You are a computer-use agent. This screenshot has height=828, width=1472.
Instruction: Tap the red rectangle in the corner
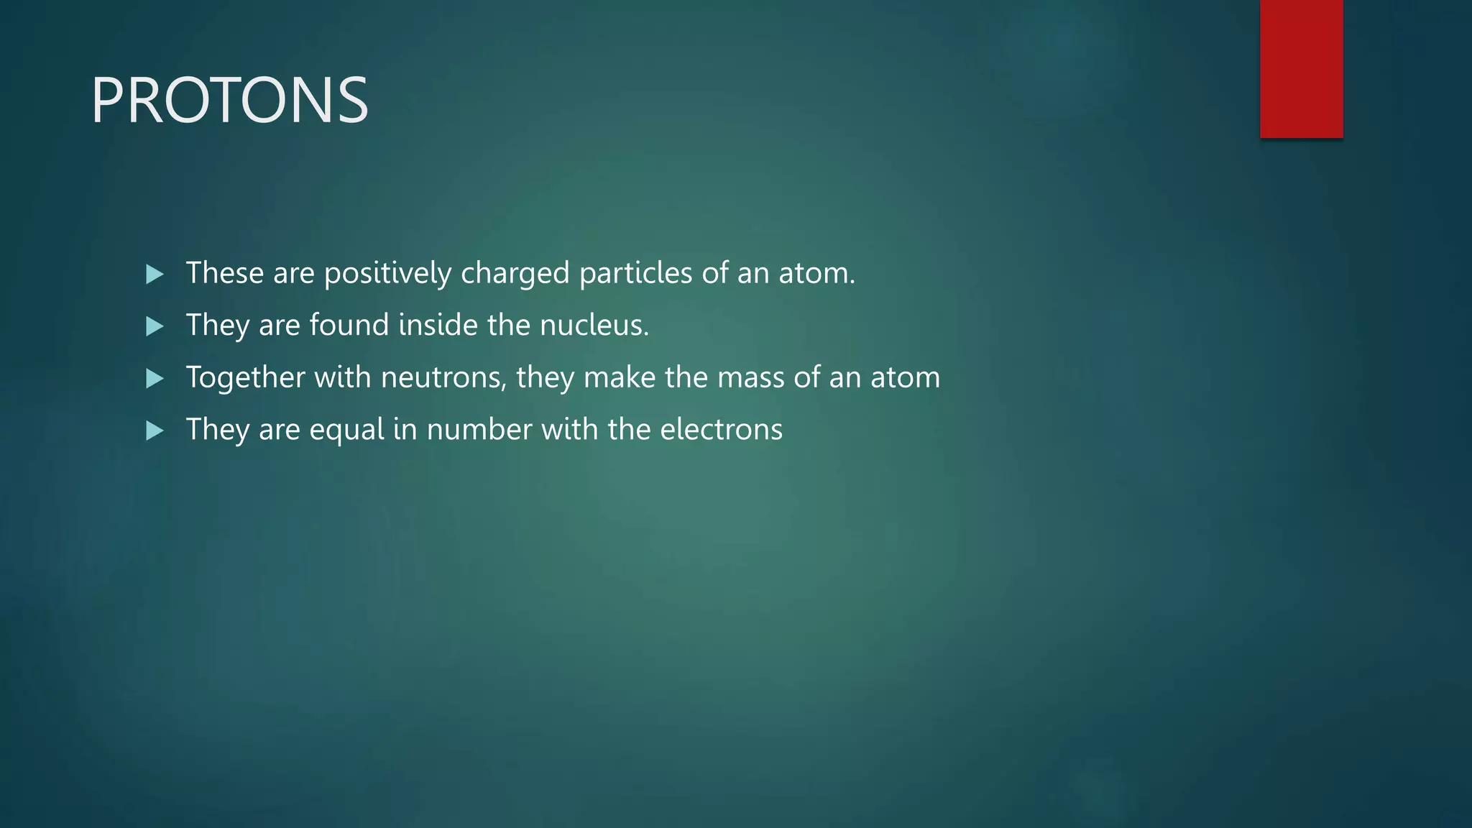[x=1301, y=68]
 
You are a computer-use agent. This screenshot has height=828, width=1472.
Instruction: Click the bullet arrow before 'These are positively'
[x=155, y=274]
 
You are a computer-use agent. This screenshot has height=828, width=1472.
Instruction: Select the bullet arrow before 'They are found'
[x=155, y=326]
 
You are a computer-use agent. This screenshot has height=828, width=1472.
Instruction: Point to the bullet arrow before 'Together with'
[x=155, y=378]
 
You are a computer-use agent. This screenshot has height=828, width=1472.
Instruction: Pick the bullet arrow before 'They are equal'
[x=155, y=431]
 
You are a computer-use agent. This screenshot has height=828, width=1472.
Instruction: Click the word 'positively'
[x=387, y=274]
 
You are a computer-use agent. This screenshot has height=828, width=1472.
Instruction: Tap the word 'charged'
[x=515, y=274]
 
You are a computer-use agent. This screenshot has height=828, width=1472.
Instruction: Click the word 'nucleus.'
[x=594, y=326]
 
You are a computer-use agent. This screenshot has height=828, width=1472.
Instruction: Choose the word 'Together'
[x=245, y=378]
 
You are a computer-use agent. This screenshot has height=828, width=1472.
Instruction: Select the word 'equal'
[x=347, y=431]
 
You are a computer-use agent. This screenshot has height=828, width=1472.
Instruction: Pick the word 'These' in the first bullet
[x=225, y=274]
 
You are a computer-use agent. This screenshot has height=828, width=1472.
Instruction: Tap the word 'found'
[x=349, y=326]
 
